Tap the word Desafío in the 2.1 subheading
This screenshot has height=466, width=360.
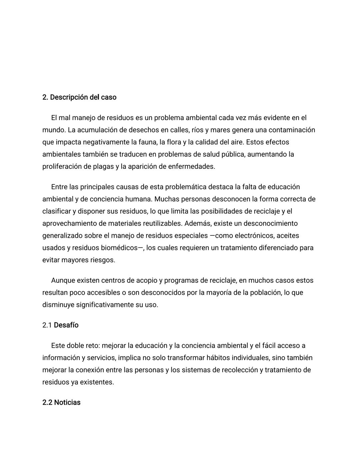click(x=66, y=325)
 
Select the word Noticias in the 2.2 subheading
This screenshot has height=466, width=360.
click(x=67, y=403)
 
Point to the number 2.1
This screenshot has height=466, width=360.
click(x=47, y=325)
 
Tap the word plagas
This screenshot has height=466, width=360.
click(x=103, y=166)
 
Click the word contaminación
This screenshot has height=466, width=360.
click(x=292, y=130)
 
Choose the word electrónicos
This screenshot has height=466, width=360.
click(x=256, y=236)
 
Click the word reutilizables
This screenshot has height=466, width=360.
click(x=162, y=223)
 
